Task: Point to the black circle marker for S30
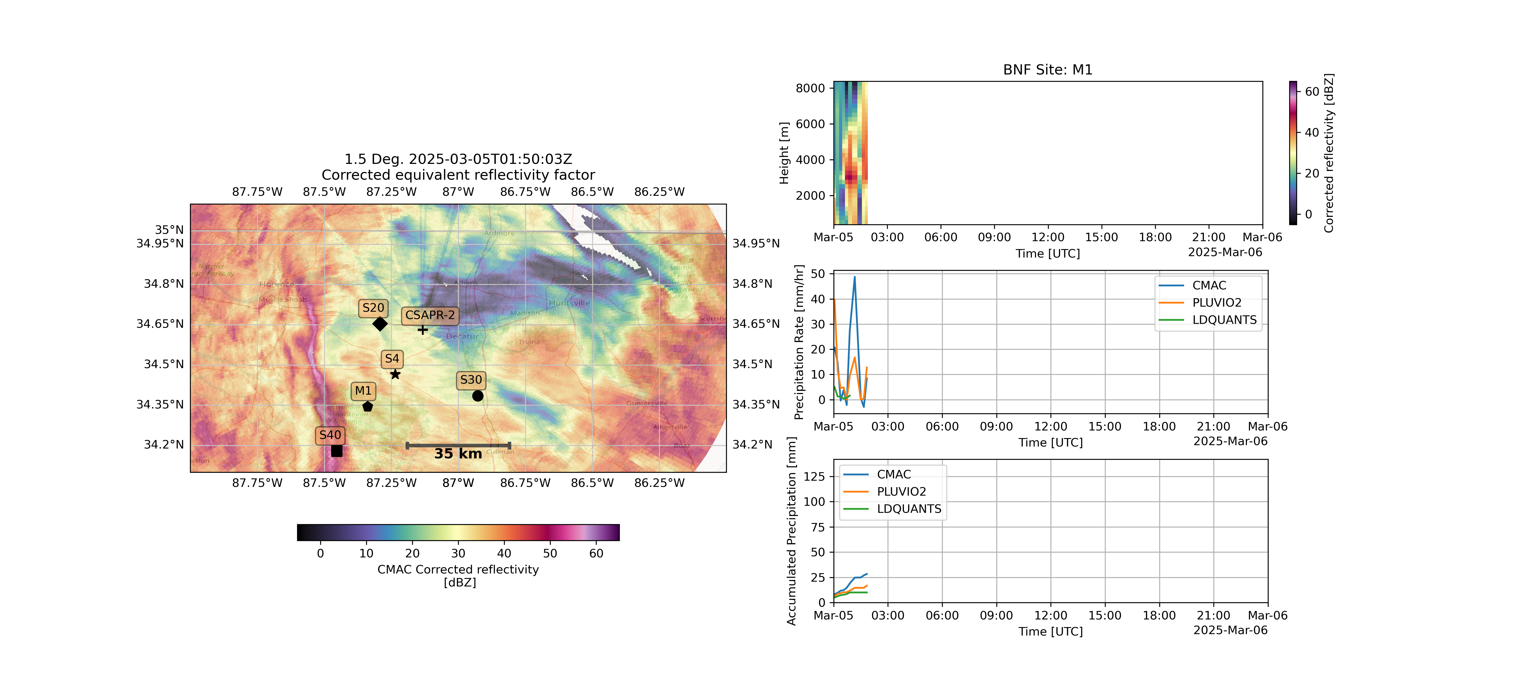(477, 395)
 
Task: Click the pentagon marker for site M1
(368, 406)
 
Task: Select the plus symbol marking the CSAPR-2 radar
(422, 329)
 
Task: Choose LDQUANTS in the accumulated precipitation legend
(909, 509)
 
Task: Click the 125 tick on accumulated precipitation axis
(814, 476)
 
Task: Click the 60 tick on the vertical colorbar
(1312, 92)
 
